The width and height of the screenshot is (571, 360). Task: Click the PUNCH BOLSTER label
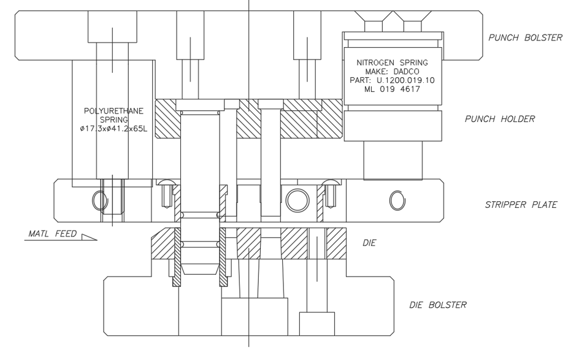point(525,37)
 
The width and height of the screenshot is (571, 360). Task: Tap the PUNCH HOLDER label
point(500,119)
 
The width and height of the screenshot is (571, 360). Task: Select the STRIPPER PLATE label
point(521,205)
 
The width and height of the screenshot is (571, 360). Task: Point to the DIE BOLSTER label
point(438,305)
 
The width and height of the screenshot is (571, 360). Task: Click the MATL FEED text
point(53,233)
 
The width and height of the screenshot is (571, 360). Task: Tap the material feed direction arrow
point(89,237)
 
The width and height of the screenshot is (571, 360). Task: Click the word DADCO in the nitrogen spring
point(406,71)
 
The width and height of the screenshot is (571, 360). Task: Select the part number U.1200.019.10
point(405,80)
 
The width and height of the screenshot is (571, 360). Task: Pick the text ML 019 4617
point(392,89)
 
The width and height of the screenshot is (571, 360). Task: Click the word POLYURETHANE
point(113,111)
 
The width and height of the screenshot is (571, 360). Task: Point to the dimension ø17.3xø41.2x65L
point(113,129)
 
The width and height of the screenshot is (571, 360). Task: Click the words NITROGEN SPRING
point(392,63)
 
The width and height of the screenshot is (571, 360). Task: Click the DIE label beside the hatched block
point(369,243)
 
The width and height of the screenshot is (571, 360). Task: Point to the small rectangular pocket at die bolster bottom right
point(317,324)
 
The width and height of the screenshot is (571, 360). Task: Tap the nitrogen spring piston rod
point(393,160)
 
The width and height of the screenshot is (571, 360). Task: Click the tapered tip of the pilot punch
point(201,269)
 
